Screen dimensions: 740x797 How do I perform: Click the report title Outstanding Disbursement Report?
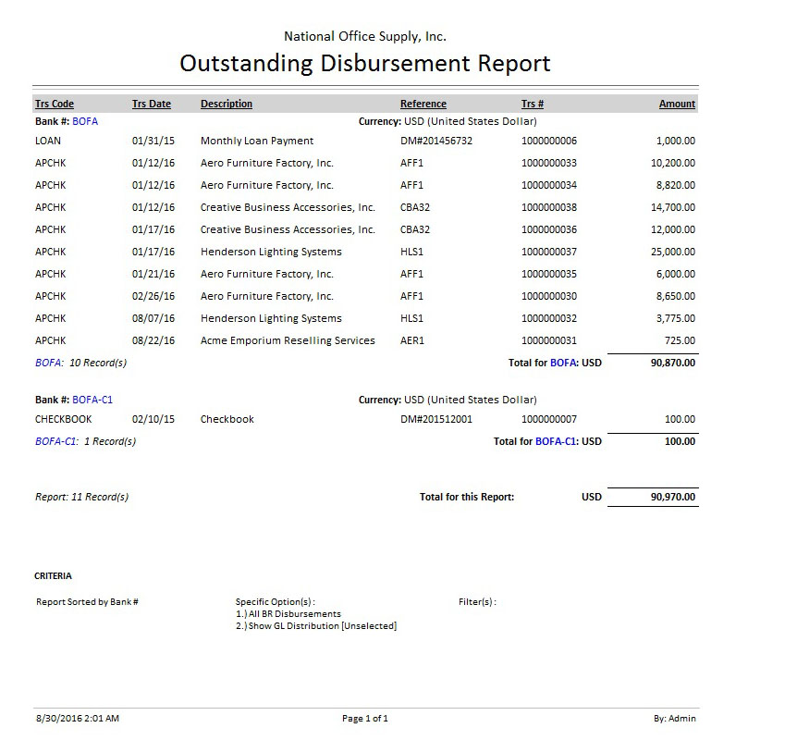(364, 64)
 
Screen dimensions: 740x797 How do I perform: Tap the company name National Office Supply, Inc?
(364, 37)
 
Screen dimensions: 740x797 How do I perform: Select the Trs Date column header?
(152, 105)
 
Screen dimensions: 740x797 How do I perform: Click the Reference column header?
(423, 105)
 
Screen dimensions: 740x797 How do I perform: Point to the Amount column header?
(677, 105)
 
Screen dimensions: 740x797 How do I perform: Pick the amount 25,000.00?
(673, 252)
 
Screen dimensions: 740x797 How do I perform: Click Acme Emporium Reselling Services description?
(288, 340)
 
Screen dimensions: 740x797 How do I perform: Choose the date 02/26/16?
(153, 296)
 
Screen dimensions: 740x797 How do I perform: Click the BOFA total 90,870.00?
(673, 363)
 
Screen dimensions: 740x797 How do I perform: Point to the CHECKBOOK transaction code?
(63, 419)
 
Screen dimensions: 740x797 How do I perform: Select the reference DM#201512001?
(435, 419)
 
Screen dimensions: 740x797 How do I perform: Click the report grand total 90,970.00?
(673, 497)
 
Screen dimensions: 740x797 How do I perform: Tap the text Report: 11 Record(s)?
(80, 497)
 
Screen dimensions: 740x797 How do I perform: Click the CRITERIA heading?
(53, 576)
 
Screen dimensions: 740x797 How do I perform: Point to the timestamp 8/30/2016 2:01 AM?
(77, 719)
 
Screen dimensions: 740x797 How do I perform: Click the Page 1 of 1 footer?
(364, 719)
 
